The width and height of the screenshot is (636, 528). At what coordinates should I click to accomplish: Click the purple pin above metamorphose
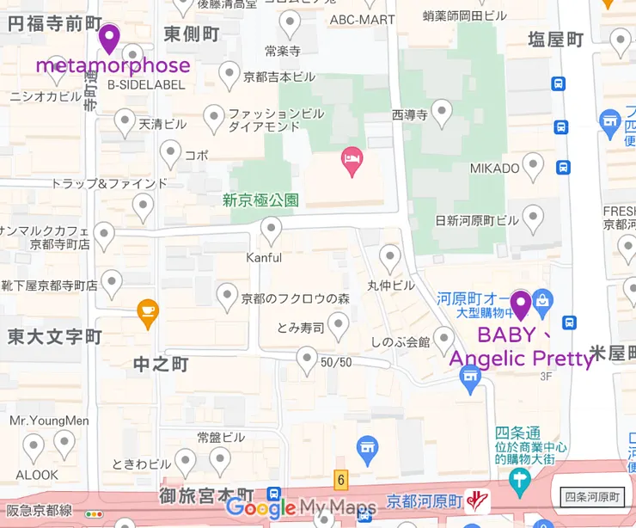109,38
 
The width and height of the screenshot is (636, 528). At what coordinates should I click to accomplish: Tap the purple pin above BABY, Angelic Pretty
520,304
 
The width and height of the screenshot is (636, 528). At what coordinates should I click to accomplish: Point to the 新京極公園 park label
260,200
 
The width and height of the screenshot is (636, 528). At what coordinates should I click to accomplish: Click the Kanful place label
264,257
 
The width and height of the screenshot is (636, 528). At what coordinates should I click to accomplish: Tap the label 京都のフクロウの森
295,299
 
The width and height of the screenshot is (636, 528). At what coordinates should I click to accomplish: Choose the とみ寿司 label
300,327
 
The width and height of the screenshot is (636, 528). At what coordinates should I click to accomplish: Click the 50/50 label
336,362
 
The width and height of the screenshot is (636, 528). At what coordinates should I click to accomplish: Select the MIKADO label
494,168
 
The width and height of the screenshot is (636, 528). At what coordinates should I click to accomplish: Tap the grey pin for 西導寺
442,111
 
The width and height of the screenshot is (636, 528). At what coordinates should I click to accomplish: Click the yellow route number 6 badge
340,478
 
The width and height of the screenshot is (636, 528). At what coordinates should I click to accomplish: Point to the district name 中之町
161,365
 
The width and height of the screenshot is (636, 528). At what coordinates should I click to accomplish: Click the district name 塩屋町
555,40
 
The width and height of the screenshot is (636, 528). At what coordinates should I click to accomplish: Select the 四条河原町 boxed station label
593,496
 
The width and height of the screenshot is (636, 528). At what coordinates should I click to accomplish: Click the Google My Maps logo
301,507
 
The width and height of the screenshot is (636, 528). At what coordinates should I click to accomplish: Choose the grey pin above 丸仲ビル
390,256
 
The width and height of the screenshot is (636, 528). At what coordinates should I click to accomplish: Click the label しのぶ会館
400,341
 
